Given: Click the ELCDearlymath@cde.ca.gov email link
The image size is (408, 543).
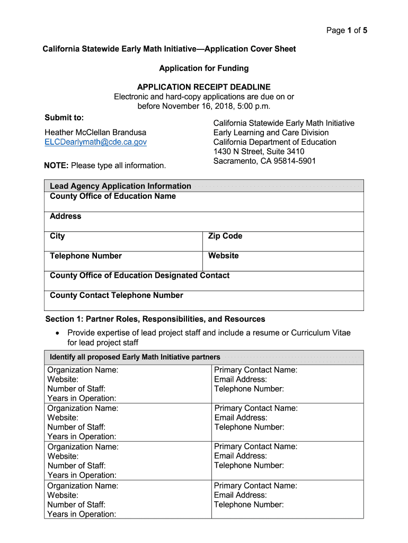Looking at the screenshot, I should (95, 142).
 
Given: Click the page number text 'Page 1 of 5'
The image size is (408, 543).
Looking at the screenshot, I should (347, 30).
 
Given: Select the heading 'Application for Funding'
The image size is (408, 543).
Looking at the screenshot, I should (204, 68).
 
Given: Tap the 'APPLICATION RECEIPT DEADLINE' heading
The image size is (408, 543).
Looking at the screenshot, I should (204, 87).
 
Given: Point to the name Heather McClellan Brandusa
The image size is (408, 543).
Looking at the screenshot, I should (95, 132).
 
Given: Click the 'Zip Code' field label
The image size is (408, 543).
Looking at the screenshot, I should (225, 236).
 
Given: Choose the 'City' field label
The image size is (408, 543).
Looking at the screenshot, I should (57, 236).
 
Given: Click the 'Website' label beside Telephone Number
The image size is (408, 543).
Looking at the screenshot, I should (224, 256).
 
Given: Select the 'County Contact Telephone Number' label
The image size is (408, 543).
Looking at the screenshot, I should (117, 295).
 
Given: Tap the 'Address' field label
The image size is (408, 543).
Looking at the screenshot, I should (66, 216).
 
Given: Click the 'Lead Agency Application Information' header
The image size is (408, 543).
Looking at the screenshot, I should (120, 186).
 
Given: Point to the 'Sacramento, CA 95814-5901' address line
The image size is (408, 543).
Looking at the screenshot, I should (264, 161).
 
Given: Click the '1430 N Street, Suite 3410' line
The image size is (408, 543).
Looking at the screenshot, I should (259, 152).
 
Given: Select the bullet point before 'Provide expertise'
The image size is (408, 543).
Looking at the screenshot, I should (57, 333).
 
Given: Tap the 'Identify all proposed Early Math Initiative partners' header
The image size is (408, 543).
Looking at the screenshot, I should (135, 357).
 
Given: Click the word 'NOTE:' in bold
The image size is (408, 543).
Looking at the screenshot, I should (56, 165).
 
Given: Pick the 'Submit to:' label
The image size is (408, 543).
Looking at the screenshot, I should (64, 117).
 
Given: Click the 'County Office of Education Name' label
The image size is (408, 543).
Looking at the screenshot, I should (113, 196).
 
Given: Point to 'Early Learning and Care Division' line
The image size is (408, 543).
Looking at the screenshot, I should (271, 133).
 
